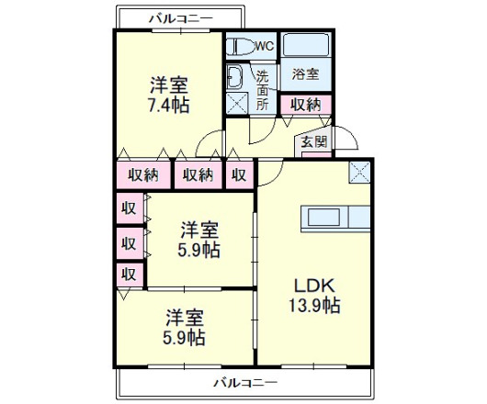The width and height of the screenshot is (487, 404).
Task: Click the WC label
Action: click(265, 46)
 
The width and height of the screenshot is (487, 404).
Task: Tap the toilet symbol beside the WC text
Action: click(240, 46)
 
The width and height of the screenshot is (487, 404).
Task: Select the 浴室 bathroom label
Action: click(306, 74)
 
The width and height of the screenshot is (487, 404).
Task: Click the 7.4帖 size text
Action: click(169, 105)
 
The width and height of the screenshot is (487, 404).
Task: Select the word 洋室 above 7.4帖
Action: click(169, 85)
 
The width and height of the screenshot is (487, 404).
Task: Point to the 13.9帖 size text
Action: click(317, 305)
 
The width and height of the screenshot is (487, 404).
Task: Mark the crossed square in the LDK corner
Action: click(359, 170)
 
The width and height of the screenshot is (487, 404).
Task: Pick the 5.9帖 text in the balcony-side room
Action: click(185, 337)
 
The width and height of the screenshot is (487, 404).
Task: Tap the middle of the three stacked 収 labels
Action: click(129, 243)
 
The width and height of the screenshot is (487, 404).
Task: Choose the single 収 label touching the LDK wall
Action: click(239, 174)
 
